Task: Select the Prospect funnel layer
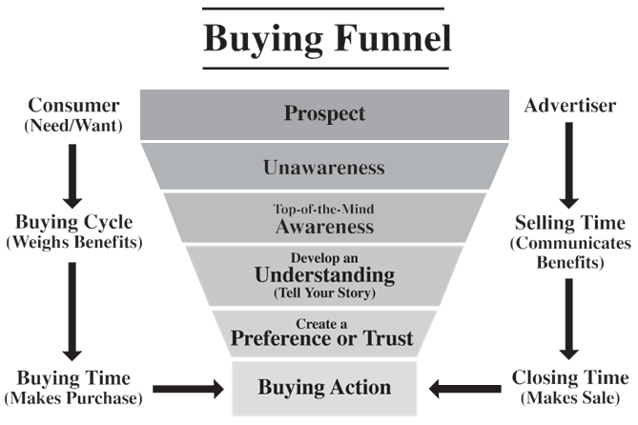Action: point(323,113)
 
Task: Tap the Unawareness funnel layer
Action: point(324,168)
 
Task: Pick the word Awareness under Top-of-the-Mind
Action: point(323,228)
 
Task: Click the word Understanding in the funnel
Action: point(324,275)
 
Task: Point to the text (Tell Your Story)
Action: point(324,293)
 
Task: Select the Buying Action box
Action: point(324,388)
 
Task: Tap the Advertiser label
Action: point(571,104)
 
